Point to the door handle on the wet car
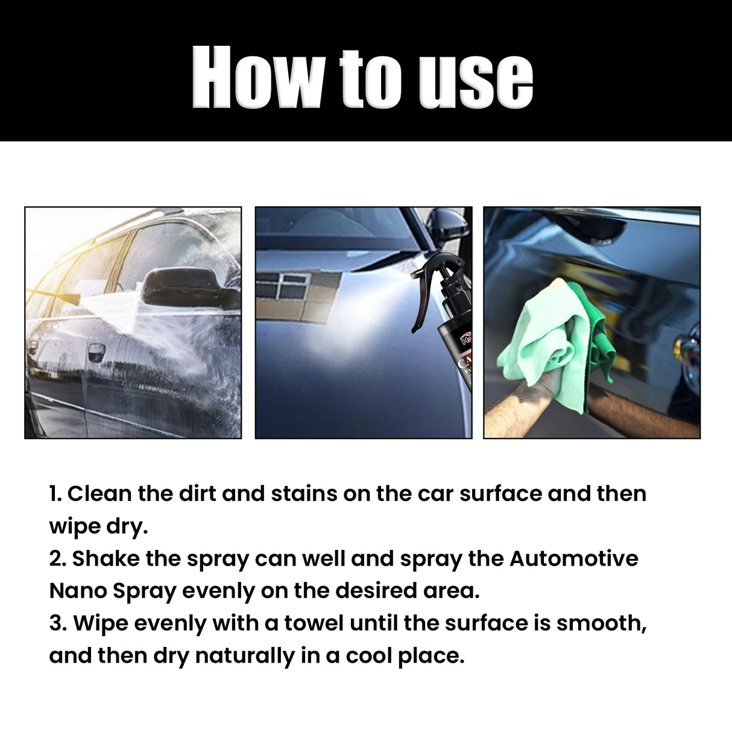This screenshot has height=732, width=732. point(96,352)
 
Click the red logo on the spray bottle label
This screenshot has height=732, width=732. point(467,339)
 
